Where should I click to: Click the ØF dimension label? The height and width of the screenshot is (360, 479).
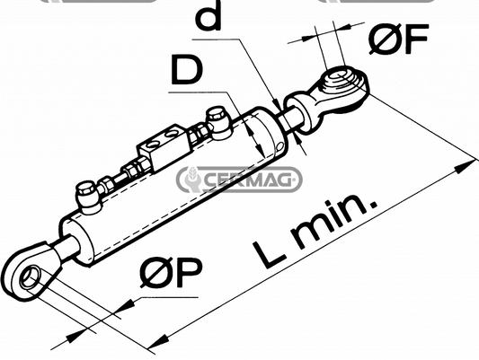tap(398, 39)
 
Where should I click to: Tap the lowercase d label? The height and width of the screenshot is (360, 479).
tap(208, 15)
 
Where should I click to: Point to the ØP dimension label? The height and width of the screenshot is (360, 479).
tap(171, 272)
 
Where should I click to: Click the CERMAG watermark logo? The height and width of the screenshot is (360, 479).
tap(239, 180)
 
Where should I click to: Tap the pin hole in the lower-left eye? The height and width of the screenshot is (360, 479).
tap(30, 276)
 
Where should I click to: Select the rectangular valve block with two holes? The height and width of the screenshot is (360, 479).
tap(164, 147)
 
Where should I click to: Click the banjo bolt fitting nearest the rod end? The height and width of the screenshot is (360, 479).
tap(217, 123)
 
